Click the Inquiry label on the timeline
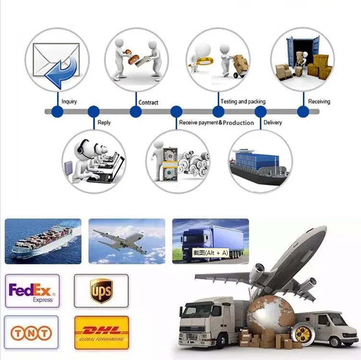69,102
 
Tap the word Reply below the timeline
104,122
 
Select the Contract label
148,102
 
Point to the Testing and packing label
243,102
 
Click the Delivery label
273,122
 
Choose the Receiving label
319,102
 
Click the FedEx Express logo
32,291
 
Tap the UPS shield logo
101,291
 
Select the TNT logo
32,332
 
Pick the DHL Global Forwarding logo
101,332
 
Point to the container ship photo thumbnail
43,241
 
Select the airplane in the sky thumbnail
126,241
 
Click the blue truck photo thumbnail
210,238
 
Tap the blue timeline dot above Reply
94,112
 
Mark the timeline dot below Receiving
303,112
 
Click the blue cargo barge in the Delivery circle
261,162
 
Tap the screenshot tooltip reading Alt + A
211,252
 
